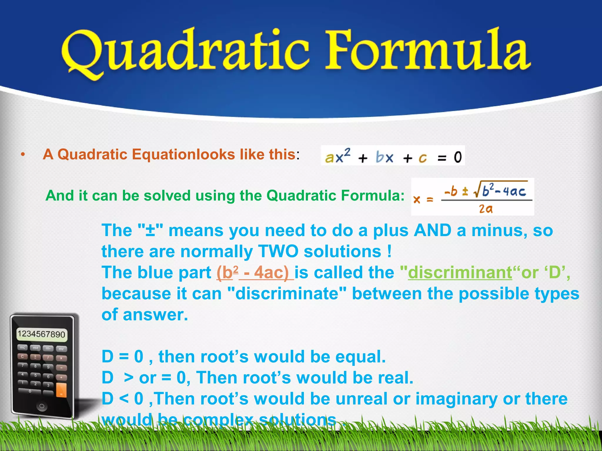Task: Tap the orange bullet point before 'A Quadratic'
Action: point(23,155)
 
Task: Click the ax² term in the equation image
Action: point(338,156)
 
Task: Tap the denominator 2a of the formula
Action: point(485,209)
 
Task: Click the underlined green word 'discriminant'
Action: point(460,272)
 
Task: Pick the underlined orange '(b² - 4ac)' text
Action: point(255,272)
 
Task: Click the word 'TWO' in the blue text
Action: point(278,252)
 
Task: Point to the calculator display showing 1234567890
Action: point(41,334)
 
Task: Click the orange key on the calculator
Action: point(61,390)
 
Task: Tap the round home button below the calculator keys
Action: point(42,406)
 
